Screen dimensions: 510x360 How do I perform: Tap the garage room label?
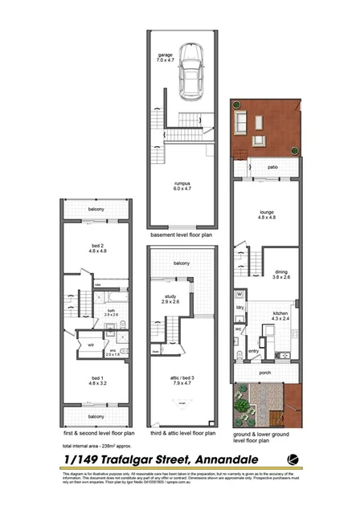tap(164, 57)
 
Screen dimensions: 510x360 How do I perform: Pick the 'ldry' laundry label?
tap(239, 308)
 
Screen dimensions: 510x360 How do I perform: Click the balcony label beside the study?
tap(180, 263)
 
